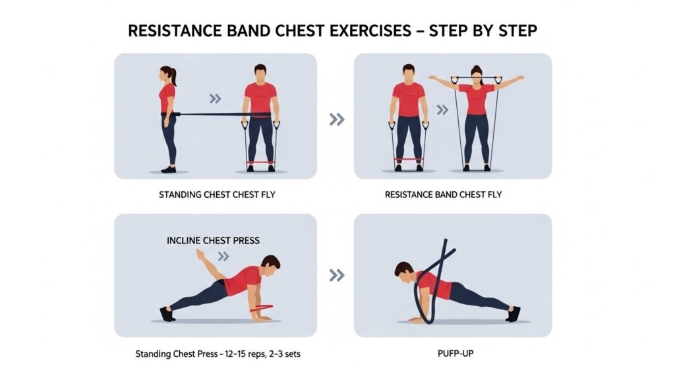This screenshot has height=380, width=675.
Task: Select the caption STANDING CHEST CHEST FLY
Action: [217, 195]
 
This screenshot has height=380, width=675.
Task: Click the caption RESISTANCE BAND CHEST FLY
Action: [443, 195]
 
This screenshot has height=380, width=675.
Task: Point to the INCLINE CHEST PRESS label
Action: [213, 240]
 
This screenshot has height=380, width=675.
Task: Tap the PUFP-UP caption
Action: [455, 354]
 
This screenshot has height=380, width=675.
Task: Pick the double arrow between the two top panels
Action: [337, 119]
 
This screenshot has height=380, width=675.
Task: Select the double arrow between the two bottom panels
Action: [337, 275]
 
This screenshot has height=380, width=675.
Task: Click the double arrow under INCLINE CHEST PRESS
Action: [223, 257]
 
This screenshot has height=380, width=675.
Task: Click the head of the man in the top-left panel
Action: [260, 74]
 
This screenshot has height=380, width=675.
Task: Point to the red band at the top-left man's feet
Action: [260, 162]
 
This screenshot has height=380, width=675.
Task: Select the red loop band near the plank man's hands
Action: [261, 308]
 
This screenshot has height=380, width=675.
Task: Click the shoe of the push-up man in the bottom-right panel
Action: [514, 313]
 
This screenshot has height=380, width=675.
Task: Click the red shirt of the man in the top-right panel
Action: [409, 100]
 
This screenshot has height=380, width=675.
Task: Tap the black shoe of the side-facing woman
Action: [168, 170]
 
